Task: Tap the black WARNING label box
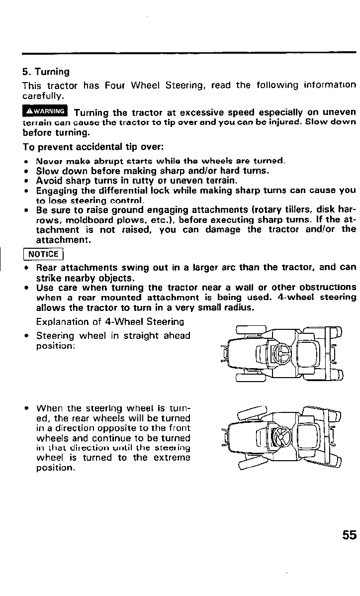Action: (x=45, y=110)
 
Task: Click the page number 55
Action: (x=349, y=535)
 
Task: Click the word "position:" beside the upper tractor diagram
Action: (x=56, y=345)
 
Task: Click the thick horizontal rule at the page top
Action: (x=189, y=52)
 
